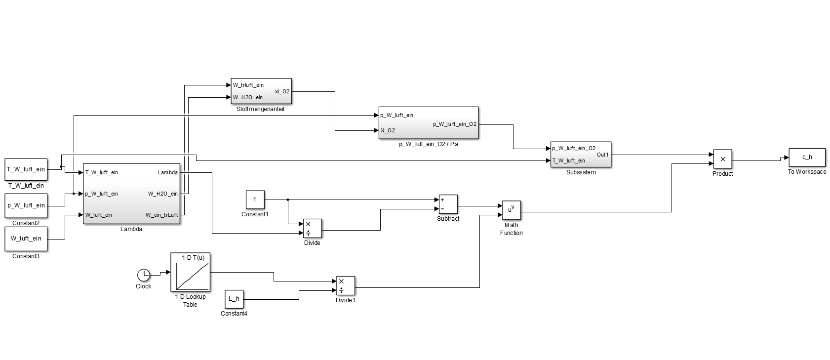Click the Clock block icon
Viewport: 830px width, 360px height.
(143, 275)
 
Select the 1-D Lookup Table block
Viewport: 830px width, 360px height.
(190, 272)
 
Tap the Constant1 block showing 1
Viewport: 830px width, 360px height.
(255, 200)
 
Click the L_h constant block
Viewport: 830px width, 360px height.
(234, 298)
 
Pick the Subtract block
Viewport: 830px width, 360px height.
(448, 204)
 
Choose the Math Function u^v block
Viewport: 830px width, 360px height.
(511, 210)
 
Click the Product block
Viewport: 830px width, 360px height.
(722, 159)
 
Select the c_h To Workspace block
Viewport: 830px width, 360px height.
(807, 157)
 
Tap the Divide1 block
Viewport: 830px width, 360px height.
(345, 285)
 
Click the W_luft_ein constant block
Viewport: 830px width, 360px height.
(26, 239)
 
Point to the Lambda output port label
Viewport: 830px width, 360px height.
(168, 172)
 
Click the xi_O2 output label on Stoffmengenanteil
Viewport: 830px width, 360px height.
(282, 91)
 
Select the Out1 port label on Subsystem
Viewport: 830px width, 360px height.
(603, 155)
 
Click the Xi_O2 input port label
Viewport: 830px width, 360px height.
(388, 131)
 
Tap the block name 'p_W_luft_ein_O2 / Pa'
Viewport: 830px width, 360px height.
(428, 144)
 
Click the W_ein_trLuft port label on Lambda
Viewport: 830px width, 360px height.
(161, 215)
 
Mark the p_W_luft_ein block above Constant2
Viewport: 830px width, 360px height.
(26, 205)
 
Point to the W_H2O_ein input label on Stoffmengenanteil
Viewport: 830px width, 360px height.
(248, 97)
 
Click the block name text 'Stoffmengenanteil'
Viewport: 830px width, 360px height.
(261, 109)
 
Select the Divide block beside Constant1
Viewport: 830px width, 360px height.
(312, 228)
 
